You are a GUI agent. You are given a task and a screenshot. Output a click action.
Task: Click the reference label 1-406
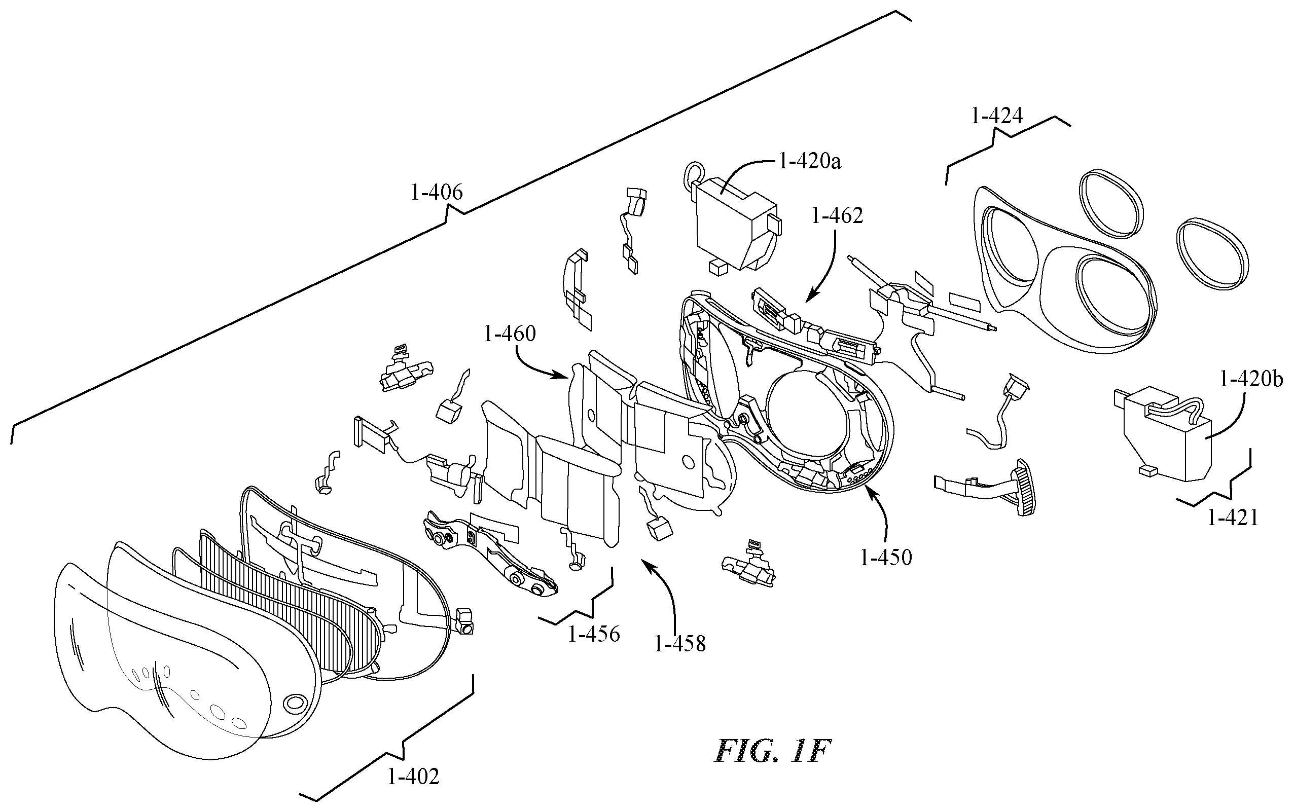[437, 192]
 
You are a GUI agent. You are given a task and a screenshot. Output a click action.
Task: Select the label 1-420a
[810, 161]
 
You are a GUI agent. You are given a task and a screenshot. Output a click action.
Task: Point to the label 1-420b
[1251, 380]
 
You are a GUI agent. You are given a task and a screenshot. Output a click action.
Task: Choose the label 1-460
[510, 334]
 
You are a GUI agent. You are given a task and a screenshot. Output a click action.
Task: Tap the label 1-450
[886, 558]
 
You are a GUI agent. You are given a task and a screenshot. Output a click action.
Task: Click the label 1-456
[594, 635]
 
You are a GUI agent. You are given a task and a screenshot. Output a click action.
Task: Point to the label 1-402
[413, 776]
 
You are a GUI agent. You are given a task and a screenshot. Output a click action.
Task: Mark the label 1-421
[1233, 518]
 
